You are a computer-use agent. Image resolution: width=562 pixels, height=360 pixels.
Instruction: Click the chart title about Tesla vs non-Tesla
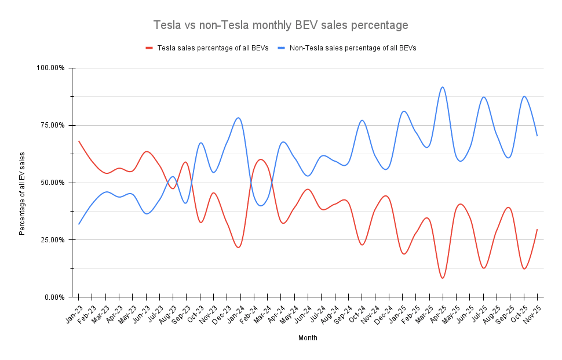[280, 26]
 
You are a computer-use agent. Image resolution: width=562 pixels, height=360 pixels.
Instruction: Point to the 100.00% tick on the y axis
[51, 68]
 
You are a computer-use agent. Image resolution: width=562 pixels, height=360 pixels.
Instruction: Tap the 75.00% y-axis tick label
[53, 126]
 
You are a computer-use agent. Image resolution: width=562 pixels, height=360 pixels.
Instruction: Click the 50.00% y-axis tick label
[53, 183]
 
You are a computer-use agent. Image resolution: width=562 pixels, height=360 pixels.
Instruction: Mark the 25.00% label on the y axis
[53, 240]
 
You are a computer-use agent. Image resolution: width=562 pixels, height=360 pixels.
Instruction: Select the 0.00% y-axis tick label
[54, 297]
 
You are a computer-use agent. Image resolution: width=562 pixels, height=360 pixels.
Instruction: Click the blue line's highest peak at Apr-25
[443, 87]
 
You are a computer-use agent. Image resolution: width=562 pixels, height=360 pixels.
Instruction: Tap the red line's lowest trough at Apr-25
[443, 278]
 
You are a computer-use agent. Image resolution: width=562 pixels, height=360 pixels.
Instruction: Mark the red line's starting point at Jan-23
[79, 141]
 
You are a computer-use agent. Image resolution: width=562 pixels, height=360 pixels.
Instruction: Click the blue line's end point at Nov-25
[537, 136]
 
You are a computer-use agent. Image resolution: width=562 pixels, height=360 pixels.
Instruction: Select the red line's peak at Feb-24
[260, 159]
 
